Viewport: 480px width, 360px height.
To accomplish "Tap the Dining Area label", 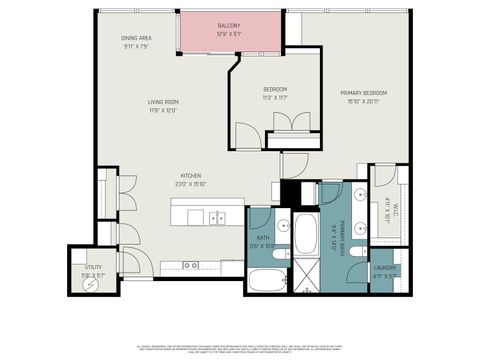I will click(136, 38).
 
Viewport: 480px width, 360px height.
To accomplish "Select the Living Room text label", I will click(163, 102).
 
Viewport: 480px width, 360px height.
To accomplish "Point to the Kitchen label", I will click(191, 174).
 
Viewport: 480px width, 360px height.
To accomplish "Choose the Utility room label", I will click(93, 267).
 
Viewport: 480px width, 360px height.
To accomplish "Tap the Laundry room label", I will click(385, 268).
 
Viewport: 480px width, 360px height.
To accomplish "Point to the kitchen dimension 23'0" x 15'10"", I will click(191, 182).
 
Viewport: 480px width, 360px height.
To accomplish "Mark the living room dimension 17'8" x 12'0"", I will click(163, 110).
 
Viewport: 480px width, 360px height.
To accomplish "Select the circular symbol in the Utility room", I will click(93, 284).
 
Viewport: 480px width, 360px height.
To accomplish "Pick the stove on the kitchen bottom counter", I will click(189, 264).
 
